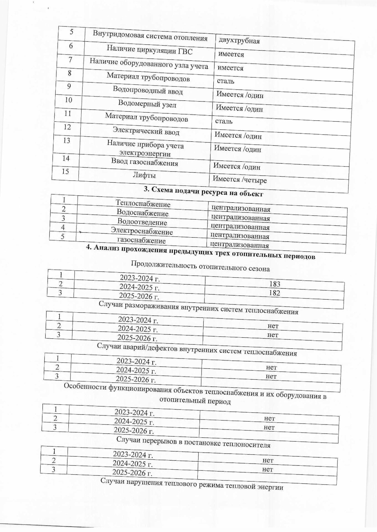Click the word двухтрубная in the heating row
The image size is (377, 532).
click(x=239, y=41)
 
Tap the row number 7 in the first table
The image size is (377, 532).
click(x=70, y=60)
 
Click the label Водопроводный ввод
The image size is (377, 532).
click(x=148, y=90)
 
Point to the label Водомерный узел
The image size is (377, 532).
click(x=147, y=104)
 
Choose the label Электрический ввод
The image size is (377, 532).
click(x=146, y=131)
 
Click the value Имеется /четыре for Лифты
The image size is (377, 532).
click(x=239, y=180)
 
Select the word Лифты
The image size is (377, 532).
click(x=144, y=175)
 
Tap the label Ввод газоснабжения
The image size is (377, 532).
click(x=145, y=162)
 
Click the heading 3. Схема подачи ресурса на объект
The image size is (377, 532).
click(x=203, y=191)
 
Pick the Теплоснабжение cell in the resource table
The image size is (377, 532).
click(x=143, y=204)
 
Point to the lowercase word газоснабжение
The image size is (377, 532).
click(x=141, y=240)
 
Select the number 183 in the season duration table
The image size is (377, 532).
click(x=275, y=284)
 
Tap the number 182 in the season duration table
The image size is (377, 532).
click(x=274, y=293)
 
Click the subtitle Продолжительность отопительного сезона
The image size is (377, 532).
click(x=200, y=266)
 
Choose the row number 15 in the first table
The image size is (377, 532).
click(x=65, y=172)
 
